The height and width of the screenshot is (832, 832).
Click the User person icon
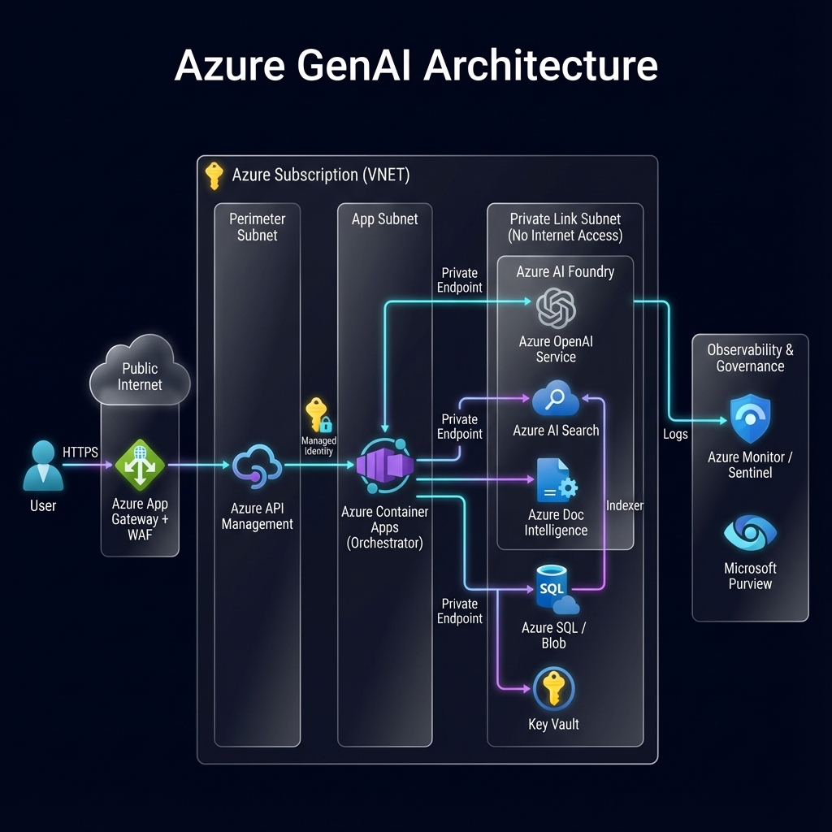coord(42,466)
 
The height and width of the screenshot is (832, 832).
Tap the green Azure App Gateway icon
coord(140,466)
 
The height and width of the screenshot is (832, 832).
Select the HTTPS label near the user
coord(80,452)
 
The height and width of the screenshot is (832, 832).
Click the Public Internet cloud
coord(140,375)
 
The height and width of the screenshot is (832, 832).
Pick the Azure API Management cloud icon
coord(257,466)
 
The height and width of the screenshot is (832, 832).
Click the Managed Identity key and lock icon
coord(318,415)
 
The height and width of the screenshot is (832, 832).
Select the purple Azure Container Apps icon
coord(385,466)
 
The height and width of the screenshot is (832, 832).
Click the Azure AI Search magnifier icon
coord(556,400)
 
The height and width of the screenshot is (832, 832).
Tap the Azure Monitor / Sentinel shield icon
coord(750,419)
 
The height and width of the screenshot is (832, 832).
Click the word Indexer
coord(625,505)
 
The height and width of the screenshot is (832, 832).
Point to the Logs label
coord(675,434)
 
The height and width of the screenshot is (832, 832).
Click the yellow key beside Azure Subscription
coord(214,175)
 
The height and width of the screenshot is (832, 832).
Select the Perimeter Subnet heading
coord(257,227)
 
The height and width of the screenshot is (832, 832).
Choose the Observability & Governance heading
coord(750,357)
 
